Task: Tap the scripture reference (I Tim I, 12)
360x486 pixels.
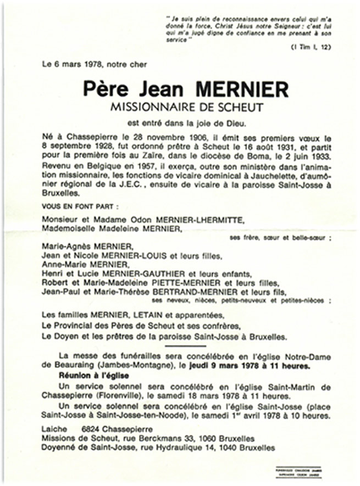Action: pyautogui.click(x=310, y=48)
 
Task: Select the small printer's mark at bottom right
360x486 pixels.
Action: pyautogui.click(x=300, y=470)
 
